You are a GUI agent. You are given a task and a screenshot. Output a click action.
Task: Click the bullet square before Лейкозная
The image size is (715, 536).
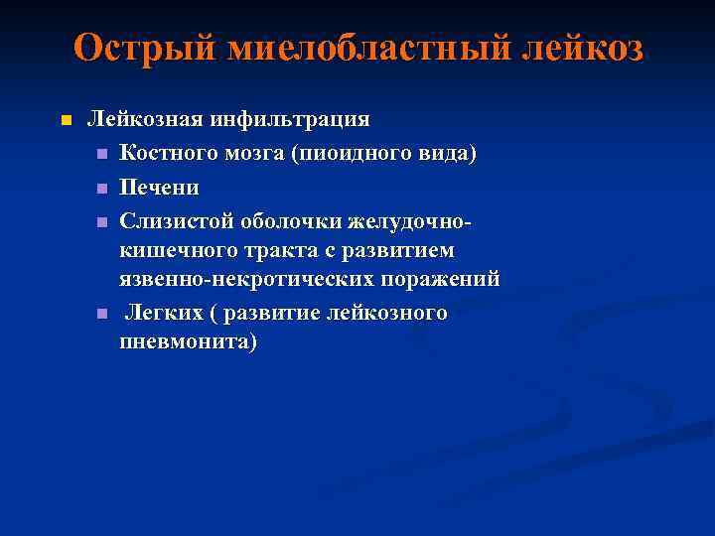pyautogui.click(x=66, y=121)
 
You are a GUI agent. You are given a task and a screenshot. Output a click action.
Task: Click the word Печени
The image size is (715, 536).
pyautogui.click(x=159, y=187)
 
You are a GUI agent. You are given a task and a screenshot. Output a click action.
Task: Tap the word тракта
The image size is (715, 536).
pyautogui.click(x=256, y=251)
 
